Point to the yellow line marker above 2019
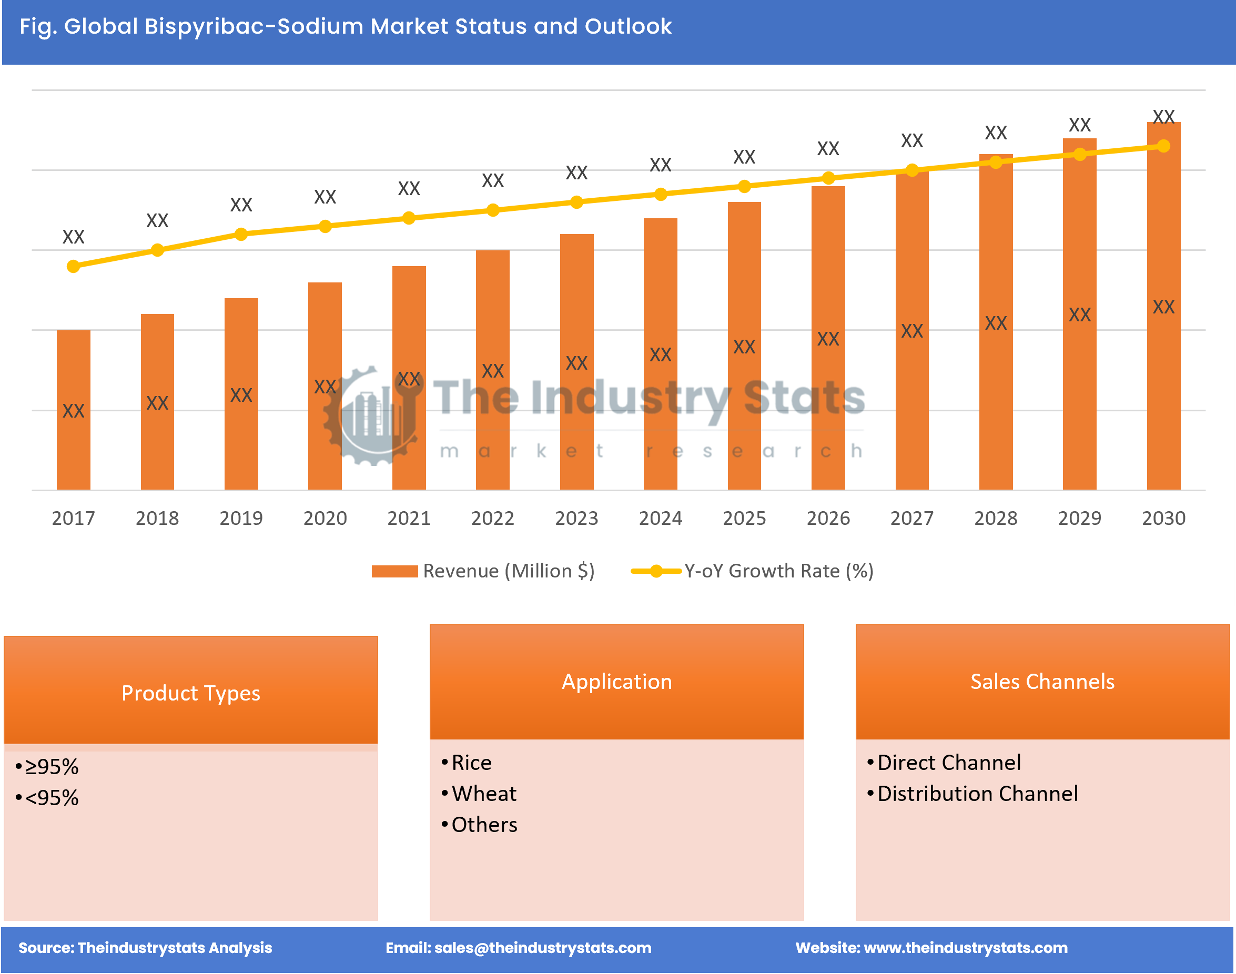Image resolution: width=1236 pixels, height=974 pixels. [x=241, y=235]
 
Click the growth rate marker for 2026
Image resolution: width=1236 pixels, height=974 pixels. [x=828, y=178]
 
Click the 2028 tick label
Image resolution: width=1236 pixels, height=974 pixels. [x=995, y=518]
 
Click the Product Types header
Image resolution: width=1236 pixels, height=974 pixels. [x=190, y=693]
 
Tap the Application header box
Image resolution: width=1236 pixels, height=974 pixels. [x=616, y=682]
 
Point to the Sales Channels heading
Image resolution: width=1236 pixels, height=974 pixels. [x=1042, y=682]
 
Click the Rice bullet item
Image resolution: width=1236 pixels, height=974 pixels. [x=471, y=763]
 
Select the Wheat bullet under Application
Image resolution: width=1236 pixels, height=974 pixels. [x=484, y=793]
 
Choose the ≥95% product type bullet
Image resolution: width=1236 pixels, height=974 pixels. [x=52, y=766]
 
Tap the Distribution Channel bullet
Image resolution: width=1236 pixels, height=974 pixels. [x=977, y=793]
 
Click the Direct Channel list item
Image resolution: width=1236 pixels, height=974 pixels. [x=948, y=763]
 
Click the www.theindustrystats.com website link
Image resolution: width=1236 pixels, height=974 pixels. [x=966, y=947]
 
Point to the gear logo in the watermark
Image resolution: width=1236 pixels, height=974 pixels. [x=373, y=417]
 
